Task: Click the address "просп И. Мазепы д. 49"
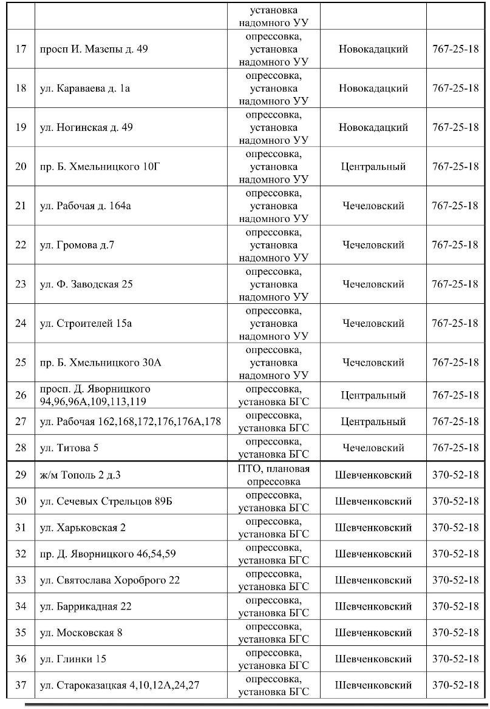click(94, 49)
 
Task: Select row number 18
click(21, 88)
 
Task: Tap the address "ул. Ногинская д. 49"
click(86, 127)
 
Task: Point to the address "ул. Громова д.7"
click(77, 245)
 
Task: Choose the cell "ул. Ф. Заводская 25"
click(86, 284)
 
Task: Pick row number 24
click(21, 323)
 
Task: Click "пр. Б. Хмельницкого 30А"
click(100, 363)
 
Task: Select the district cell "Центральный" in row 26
click(373, 395)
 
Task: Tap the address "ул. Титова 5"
click(69, 448)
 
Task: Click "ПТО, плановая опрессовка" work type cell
click(273, 475)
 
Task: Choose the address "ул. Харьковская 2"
click(83, 528)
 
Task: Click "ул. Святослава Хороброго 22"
click(110, 580)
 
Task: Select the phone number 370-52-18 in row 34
click(455, 607)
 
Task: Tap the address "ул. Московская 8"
click(81, 633)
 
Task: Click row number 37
click(21, 685)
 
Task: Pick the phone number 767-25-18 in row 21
click(455, 206)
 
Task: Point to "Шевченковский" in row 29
click(373, 475)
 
